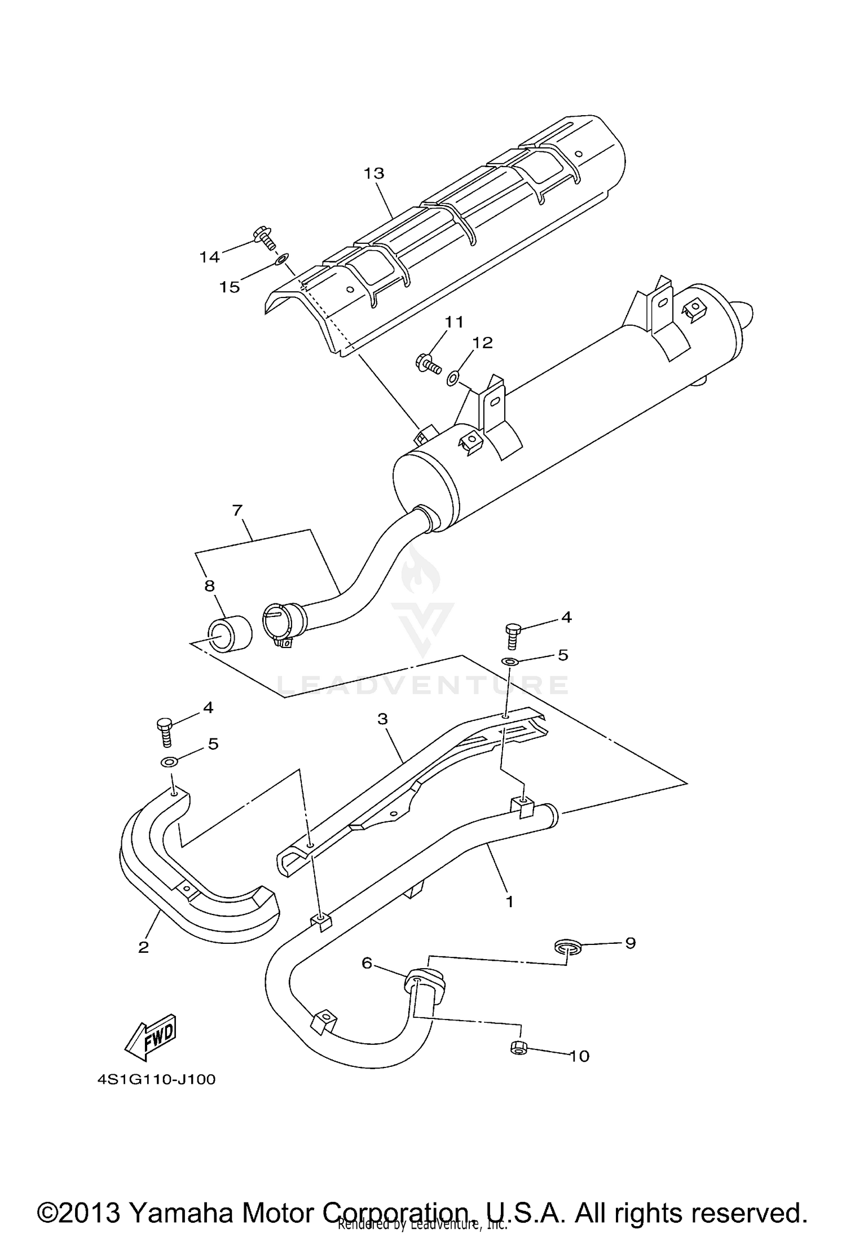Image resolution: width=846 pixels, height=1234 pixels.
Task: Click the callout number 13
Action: pyautogui.click(x=373, y=173)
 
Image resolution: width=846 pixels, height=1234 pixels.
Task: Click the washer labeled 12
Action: pyautogui.click(x=453, y=378)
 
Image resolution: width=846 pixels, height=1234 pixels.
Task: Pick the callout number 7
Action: pyautogui.click(x=237, y=510)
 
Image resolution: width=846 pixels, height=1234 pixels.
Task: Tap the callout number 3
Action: pyautogui.click(x=382, y=719)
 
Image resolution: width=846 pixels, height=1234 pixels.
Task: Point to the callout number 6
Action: pyautogui.click(x=367, y=963)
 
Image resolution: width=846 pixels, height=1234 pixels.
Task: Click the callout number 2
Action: pyautogui.click(x=144, y=947)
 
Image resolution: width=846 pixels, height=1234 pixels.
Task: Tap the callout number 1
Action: pyautogui.click(x=509, y=902)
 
